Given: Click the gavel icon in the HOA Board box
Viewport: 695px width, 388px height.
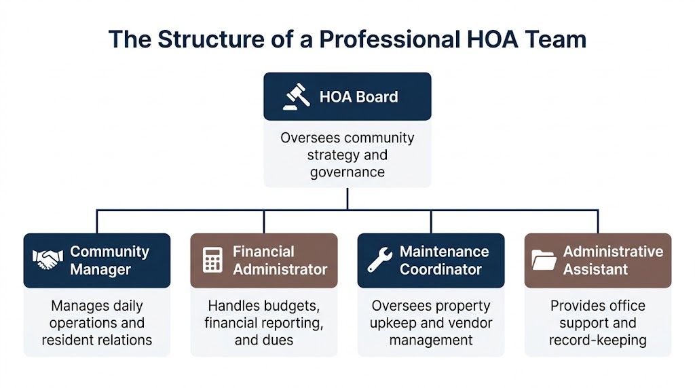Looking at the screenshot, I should (297, 97).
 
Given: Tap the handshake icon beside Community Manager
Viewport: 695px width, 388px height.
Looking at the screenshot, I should (47, 260).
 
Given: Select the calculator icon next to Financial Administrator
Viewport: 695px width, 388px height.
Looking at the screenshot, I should (212, 260).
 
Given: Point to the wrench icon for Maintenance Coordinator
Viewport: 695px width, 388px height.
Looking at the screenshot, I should (379, 260).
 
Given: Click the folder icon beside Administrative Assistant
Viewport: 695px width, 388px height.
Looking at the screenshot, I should (544, 260).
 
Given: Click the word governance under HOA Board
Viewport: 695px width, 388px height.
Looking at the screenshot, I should (347, 172).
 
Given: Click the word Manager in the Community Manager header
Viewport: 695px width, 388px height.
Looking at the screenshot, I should (100, 269).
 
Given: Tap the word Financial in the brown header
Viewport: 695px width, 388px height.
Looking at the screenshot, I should (263, 252).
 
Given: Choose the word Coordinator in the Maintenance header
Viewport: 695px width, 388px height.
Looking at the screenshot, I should (441, 269).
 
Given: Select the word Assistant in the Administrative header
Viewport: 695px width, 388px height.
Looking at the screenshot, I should (595, 269).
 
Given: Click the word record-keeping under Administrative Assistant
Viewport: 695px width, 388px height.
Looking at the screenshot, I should (598, 340).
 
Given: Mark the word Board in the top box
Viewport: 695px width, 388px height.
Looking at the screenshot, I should (377, 97).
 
